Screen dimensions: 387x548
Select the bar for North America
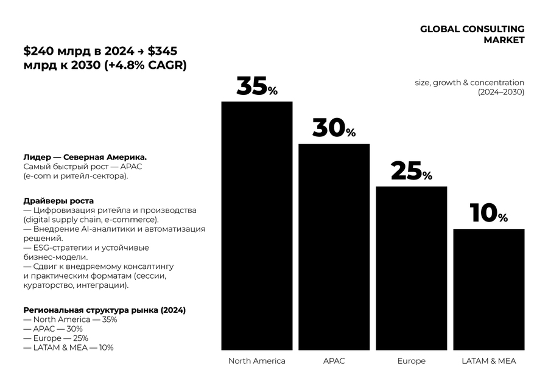click(x=256, y=225)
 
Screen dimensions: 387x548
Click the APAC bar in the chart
click(x=334, y=246)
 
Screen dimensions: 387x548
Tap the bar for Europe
click(x=412, y=268)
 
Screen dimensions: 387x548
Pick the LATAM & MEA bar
click(x=489, y=289)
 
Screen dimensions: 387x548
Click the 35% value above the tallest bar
click(x=256, y=87)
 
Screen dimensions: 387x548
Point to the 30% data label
click(x=334, y=128)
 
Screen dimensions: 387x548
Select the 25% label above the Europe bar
click(x=412, y=172)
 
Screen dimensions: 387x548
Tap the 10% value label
click(x=489, y=214)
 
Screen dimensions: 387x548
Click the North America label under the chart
click(x=256, y=361)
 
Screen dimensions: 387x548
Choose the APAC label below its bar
click(x=334, y=361)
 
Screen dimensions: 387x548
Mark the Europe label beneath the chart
click(x=412, y=361)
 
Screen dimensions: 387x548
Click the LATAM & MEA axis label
click(x=489, y=361)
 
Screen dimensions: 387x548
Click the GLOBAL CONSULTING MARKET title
click(x=472, y=35)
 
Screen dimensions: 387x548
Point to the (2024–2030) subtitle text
click(x=501, y=92)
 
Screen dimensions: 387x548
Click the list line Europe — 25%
click(x=55, y=338)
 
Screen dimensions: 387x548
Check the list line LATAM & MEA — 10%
click(x=68, y=347)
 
